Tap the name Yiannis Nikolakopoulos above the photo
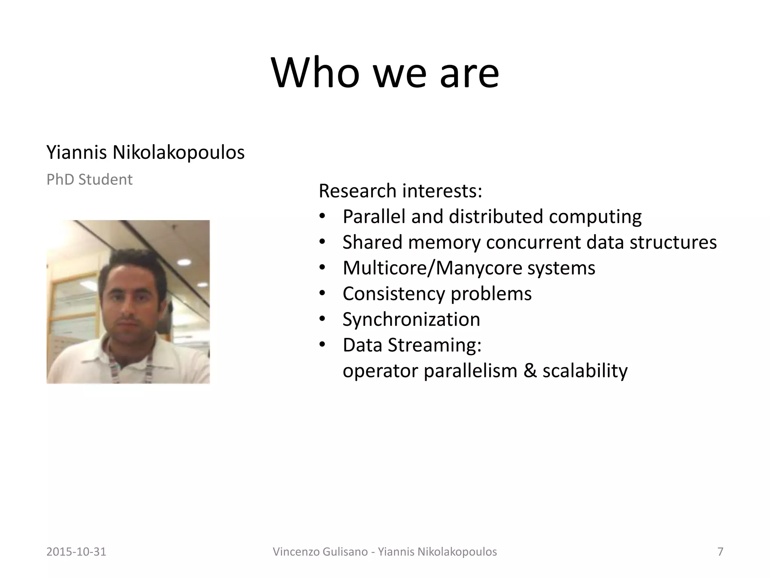pyautogui.click(x=145, y=152)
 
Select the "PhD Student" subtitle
pyautogui.click(x=89, y=179)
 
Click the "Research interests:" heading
pyautogui.click(x=400, y=191)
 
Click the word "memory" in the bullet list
pyautogui.click(x=444, y=242)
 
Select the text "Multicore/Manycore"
pyautogui.click(x=432, y=268)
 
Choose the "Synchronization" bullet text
pyautogui.click(x=411, y=319)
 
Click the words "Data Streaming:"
pyautogui.click(x=412, y=345)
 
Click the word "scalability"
pyautogui.click(x=585, y=371)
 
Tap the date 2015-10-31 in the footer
pyautogui.click(x=76, y=552)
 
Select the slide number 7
pyautogui.click(x=720, y=552)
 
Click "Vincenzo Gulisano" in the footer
pyautogui.click(x=320, y=552)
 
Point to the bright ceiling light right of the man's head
pyautogui.click(x=184, y=262)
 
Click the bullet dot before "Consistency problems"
pyautogui.click(x=322, y=294)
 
